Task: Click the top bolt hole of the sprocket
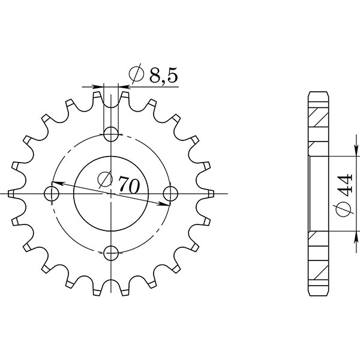click(111, 133)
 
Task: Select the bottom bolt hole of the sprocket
click(111, 253)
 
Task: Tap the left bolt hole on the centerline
click(52, 194)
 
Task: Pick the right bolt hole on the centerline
click(170, 194)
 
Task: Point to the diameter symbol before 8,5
click(136, 75)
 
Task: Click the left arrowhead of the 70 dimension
click(56, 183)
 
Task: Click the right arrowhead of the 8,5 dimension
click(123, 87)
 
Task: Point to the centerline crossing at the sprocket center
click(111, 194)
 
